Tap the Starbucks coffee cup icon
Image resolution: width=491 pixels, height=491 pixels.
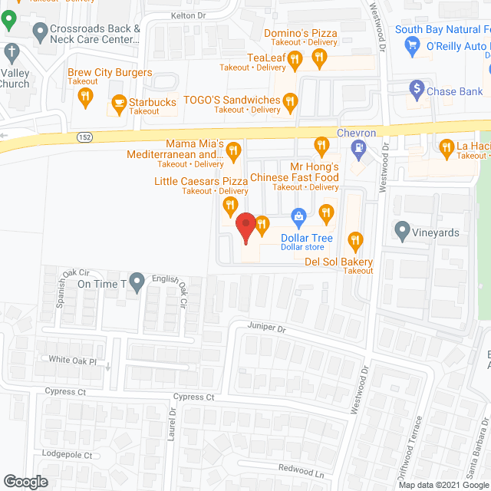pos(119,102)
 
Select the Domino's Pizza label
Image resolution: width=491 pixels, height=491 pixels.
pos(301,33)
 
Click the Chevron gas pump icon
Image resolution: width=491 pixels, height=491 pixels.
pos(356,146)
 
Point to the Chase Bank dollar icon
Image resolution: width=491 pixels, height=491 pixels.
pos(417,88)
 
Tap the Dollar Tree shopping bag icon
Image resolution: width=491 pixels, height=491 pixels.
pos(299,216)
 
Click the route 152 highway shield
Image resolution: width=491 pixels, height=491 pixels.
pos(85,137)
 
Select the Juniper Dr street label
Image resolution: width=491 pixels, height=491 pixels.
pos(266,328)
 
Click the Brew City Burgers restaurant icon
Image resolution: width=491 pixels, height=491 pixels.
pos(86,96)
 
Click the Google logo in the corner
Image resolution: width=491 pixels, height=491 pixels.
pos(25,481)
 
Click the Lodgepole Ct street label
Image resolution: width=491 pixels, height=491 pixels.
pos(67,455)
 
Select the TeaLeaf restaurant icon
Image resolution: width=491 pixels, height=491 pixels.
pos(292,58)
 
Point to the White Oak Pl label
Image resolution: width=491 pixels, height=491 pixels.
pos(72,360)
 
